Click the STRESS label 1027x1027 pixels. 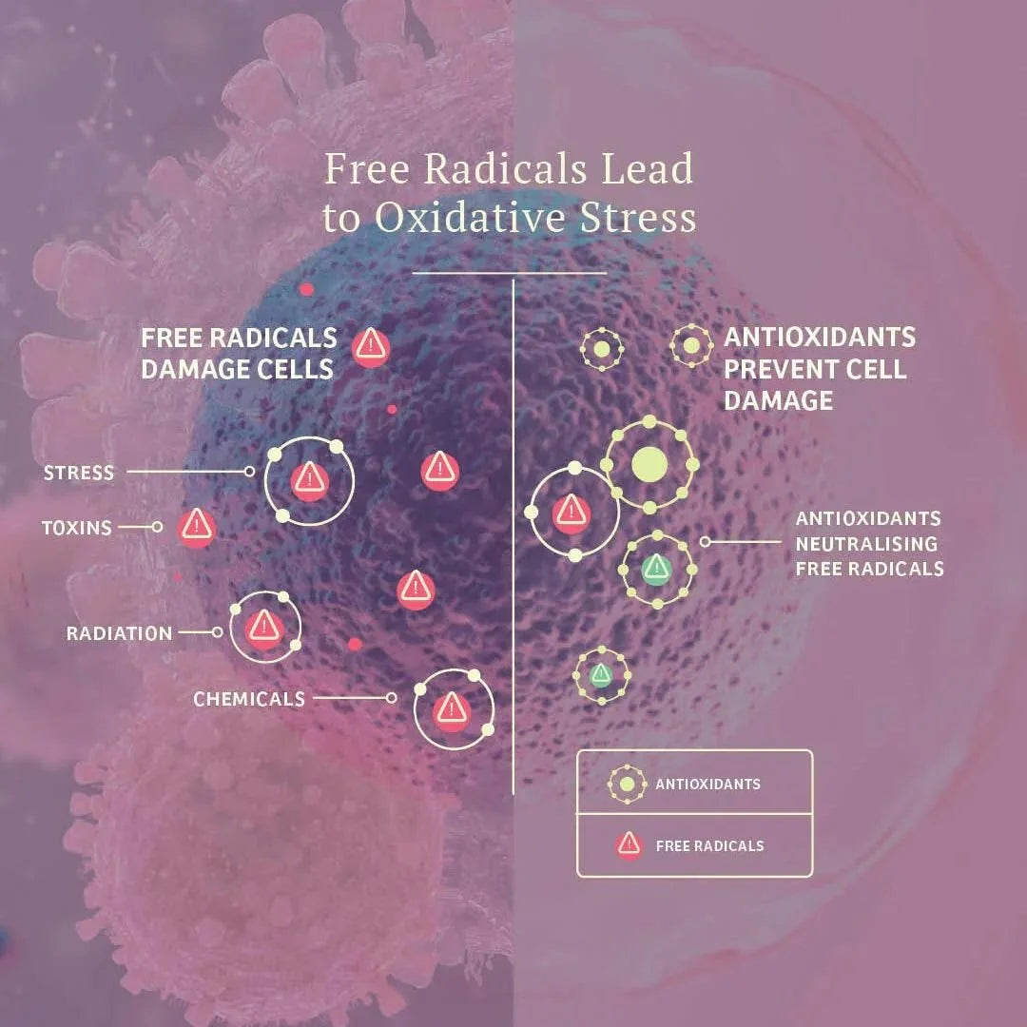pyautogui.click(x=79, y=473)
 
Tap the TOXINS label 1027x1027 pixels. pyautogui.click(x=77, y=527)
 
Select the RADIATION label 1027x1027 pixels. pyautogui.click(x=119, y=633)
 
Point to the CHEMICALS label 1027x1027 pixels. pyautogui.click(x=249, y=699)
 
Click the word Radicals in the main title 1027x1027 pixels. pyautogui.click(x=504, y=168)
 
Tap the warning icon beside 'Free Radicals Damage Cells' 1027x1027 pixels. pyautogui.click(x=371, y=347)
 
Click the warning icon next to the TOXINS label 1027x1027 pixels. pyautogui.click(x=197, y=527)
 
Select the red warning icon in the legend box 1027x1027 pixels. pyautogui.click(x=629, y=845)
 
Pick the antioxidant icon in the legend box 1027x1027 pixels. pyautogui.click(x=627, y=784)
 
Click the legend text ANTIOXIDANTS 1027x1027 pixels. pyautogui.click(x=708, y=784)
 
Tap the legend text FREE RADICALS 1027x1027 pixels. pyautogui.click(x=710, y=845)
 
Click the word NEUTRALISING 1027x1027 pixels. pyautogui.click(x=866, y=544)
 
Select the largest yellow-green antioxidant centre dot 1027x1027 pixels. pyautogui.click(x=649, y=465)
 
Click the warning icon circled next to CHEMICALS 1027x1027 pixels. pyautogui.click(x=452, y=709)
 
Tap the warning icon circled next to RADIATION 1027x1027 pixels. pyautogui.click(x=264, y=629)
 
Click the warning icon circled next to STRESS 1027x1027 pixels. pyautogui.click(x=309, y=481)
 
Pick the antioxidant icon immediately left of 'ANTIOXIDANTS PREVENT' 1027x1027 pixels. pyautogui.click(x=691, y=345)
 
